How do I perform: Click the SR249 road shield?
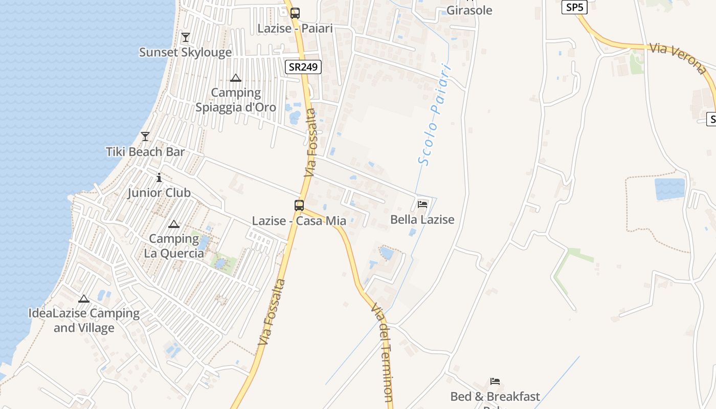pyautogui.click(x=303, y=67)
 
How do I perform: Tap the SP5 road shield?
pyautogui.click(x=574, y=7)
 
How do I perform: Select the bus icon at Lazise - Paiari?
pyautogui.click(x=295, y=13)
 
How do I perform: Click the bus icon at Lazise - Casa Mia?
pyautogui.click(x=299, y=206)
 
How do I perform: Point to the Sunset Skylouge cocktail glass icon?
pyautogui.click(x=185, y=37)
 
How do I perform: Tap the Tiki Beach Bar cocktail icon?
pyautogui.click(x=145, y=137)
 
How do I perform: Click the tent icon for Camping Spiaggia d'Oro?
pyautogui.click(x=236, y=78)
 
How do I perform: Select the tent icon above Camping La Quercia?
pyautogui.click(x=174, y=224)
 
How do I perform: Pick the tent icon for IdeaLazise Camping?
pyautogui.click(x=84, y=299)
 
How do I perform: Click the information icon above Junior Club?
pyautogui.click(x=159, y=177)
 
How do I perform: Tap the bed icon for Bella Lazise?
pyautogui.click(x=422, y=204)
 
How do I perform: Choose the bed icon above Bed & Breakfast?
pyautogui.click(x=495, y=381)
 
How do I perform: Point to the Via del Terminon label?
pyautogui.click(x=383, y=353)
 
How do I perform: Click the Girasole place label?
pyautogui.click(x=469, y=10)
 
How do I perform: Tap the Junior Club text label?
pyautogui.click(x=159, y=193)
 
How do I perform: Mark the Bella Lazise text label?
pyautogui.click(x=422, y=220)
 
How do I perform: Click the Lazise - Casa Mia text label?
pyautogui.click(x=299, y=221)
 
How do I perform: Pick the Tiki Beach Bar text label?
pyautogui.click(x=145, y=152)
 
